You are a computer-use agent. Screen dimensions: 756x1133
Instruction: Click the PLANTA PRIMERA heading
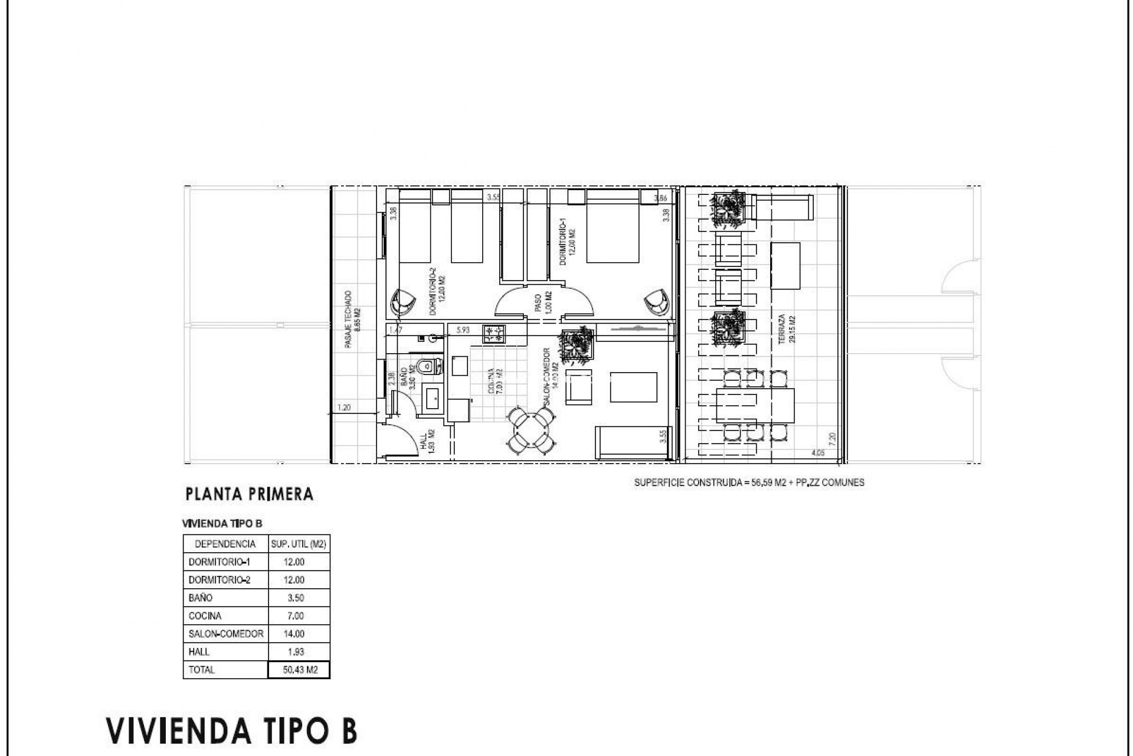coord(249,494)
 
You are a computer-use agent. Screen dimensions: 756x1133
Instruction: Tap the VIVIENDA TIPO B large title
coord(232,730)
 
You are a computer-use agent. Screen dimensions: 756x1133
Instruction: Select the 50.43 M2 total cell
coord(299,670)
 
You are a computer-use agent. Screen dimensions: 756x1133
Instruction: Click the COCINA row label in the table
coord(205,616)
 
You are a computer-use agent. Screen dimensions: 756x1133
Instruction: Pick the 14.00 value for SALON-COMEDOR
coord(294,634)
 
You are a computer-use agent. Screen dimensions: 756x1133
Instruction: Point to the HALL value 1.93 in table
coord(294,652)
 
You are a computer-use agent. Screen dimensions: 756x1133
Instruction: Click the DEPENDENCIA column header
coord(225,544)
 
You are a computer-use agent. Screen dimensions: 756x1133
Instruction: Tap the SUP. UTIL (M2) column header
coord(299,544)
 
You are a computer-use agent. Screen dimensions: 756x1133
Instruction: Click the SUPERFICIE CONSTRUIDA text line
coord(749,483)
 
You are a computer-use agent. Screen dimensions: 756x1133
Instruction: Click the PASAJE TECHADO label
coord(349,318)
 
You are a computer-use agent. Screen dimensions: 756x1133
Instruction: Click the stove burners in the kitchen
coord(494,335)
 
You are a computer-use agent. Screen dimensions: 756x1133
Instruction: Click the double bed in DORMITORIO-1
coord(613,226)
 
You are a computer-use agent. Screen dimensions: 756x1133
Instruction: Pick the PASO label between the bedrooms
coord(538,301)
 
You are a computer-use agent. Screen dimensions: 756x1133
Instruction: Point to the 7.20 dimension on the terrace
coord(832,439)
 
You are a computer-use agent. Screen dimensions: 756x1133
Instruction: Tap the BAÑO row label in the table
coord(201,598)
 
